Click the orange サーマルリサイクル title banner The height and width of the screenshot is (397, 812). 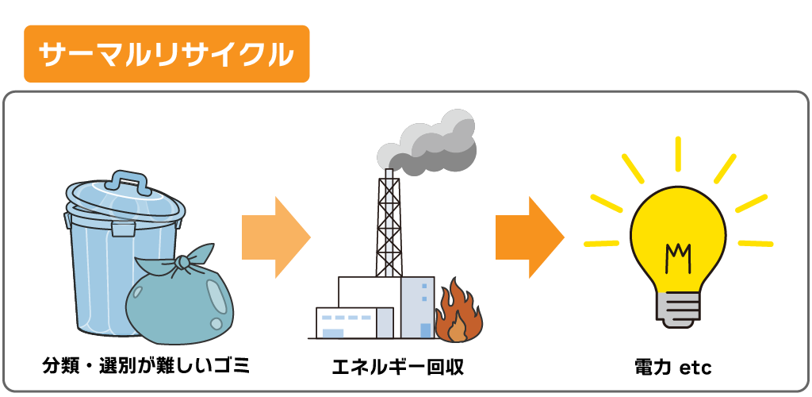[x=167, y=54]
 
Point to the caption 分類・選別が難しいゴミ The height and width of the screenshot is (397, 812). [x=145, y=366]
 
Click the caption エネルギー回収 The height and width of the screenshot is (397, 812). [x=397, y=367]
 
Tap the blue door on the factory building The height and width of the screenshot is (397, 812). [x=425, y=330]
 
